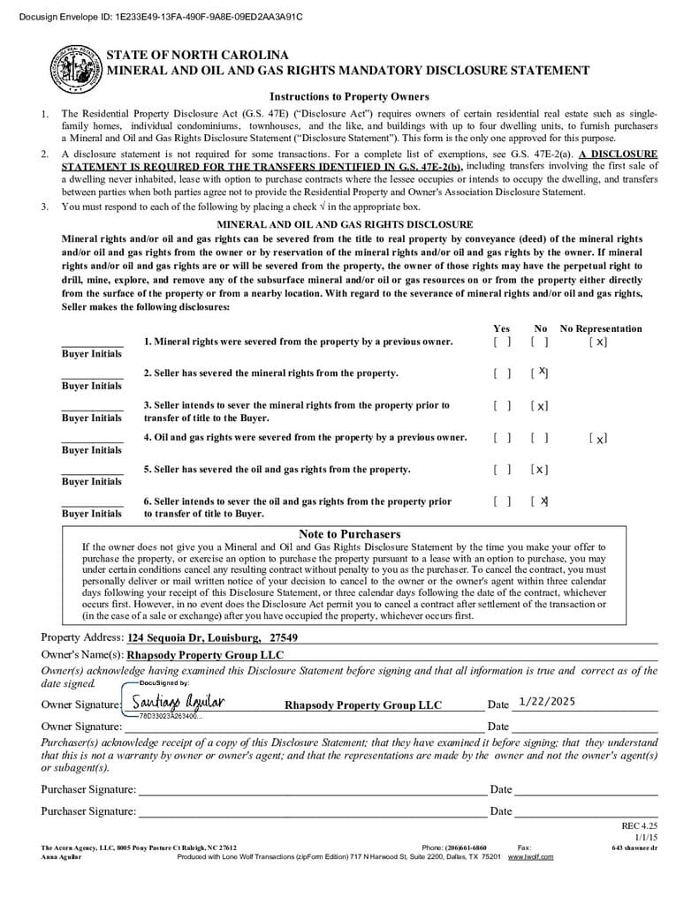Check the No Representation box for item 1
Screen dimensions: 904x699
(x=598, y=342)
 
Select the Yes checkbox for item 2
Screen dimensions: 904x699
(x=502, y=373)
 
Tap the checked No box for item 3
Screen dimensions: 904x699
(x=540, y=406)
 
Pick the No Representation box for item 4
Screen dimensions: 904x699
(x=598, y=438)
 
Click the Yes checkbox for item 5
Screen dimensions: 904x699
(x=502, y=470)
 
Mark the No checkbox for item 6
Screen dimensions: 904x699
(x=540, y=501)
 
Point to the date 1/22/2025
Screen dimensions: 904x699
(x=547, y=701)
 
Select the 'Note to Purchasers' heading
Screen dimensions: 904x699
(x=349, y=534)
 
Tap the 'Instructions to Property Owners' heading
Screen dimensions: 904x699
(x=349, y=97)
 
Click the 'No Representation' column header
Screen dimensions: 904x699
(x=601, y=328)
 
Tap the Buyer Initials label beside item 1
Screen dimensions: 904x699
(x=92, y=354)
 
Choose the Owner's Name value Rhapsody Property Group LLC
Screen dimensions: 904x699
(x=206, y=655)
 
